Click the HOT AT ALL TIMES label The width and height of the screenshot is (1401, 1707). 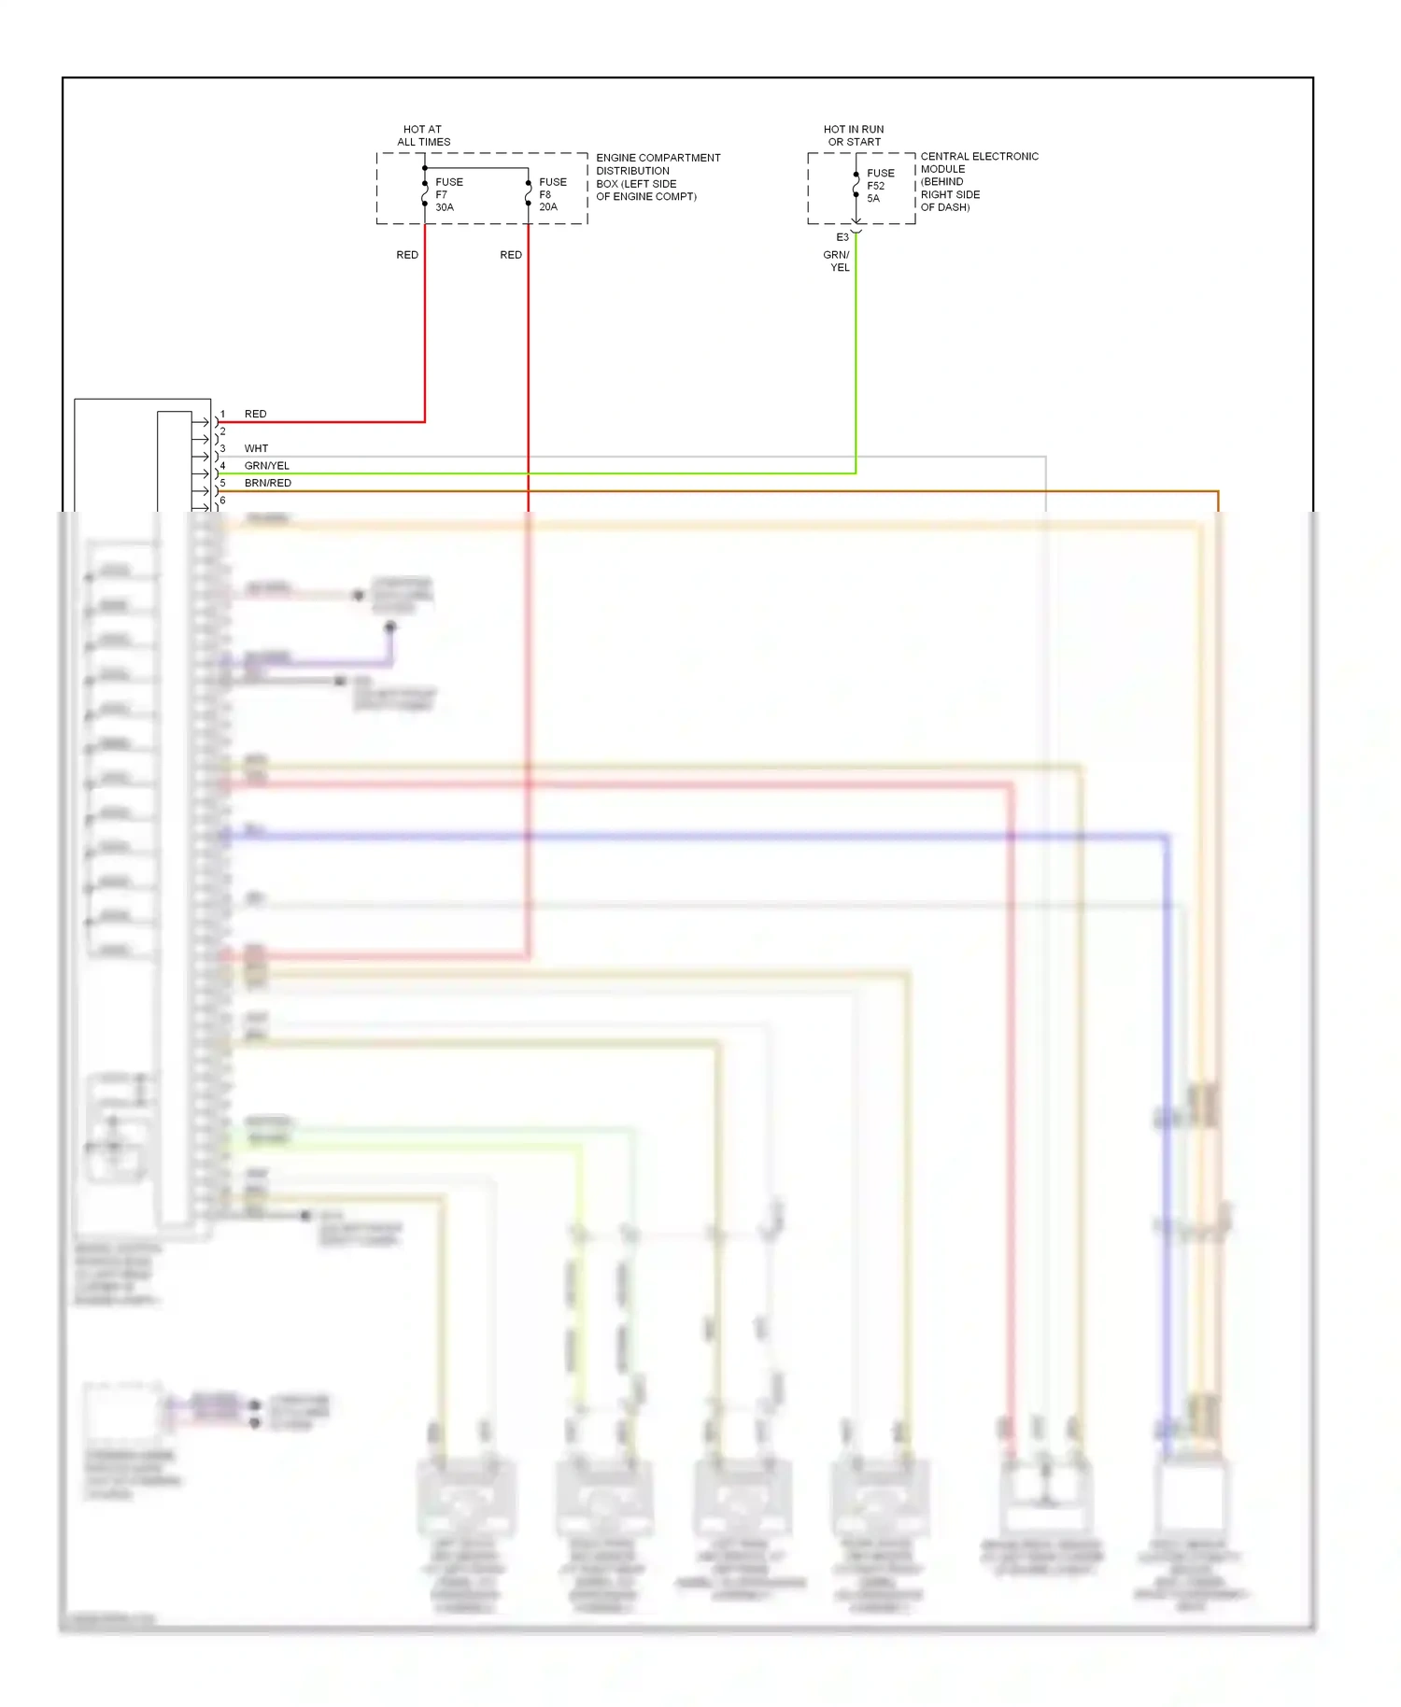point(423,135)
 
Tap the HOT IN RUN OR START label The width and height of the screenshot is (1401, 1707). point(853,135)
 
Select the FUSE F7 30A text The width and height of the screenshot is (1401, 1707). point(448,194)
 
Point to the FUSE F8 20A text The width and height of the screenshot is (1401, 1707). point(552,194)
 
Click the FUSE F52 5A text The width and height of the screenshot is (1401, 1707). point(880,185)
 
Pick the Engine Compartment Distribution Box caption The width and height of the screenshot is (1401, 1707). point(658,176)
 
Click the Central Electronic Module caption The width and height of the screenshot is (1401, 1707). point(978,181)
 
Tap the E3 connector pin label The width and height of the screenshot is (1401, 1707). point(842,237)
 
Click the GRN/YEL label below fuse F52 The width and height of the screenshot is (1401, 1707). point(837,261)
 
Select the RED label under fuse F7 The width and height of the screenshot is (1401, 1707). point(407,255)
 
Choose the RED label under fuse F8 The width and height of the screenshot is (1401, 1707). point(511,255)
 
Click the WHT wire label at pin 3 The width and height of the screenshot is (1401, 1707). point(256,448)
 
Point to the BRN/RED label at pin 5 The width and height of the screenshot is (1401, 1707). point(267,483)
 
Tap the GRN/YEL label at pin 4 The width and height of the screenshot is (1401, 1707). point(266,465)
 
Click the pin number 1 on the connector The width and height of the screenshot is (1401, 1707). point(222,414)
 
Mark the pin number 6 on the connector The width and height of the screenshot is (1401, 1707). point(222,501)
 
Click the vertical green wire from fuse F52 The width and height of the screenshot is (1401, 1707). point(856,355)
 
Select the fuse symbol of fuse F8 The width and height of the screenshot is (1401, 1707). point(529,190)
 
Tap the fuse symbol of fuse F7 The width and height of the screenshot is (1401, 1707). point(425,190)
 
